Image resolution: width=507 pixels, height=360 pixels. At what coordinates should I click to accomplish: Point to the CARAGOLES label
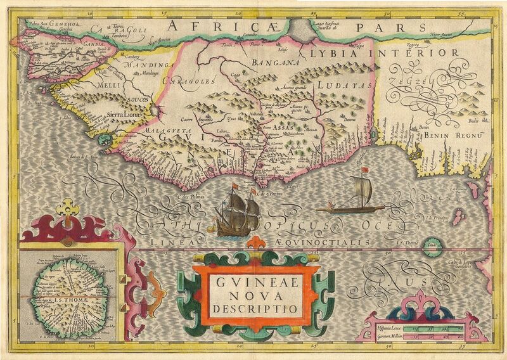189,81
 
